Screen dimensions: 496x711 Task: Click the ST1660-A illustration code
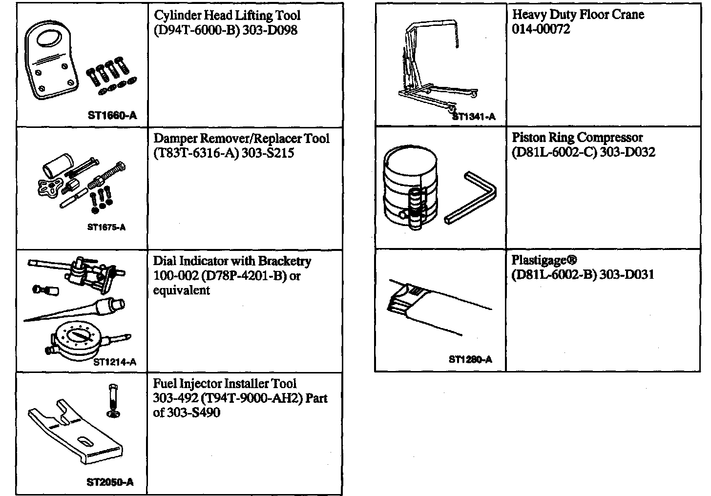[x=112, y=116]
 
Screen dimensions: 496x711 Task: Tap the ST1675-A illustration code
[x=106, y=227]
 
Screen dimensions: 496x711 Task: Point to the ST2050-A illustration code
[x=110, y=482]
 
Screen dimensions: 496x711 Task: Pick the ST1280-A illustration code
[x=470, y=359]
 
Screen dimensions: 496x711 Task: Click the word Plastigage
[x=541, y=260]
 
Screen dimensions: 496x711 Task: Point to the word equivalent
[x=182, y=290]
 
